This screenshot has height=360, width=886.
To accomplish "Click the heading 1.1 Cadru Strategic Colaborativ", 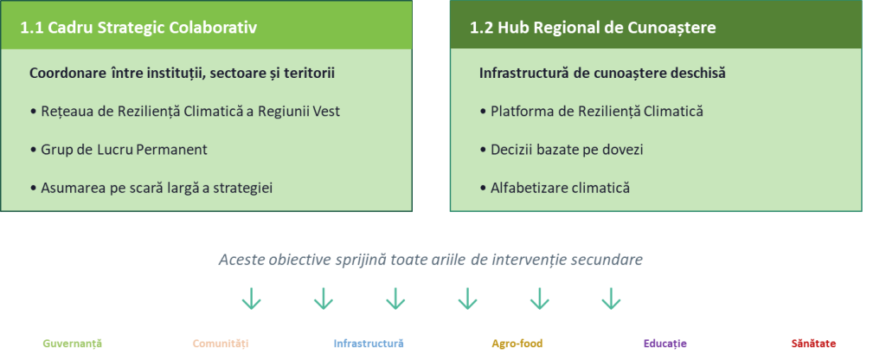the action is pos(138,28).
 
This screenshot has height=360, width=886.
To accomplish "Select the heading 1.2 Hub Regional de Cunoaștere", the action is pos(593,28).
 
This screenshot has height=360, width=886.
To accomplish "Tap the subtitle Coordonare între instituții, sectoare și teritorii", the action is pos(182,74).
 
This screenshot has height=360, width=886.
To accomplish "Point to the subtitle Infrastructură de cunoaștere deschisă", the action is pos(602,74).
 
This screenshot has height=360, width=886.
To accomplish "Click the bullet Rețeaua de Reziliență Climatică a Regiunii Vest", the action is pos(185,112).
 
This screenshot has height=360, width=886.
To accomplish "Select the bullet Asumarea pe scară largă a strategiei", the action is pos(151,188).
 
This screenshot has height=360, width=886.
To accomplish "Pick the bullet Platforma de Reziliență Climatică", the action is pos(592,112).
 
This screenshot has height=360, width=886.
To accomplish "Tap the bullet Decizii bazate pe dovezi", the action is pos(562,150).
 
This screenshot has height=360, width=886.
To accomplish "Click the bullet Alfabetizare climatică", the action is pos(555,188).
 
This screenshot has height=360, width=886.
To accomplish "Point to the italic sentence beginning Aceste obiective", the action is pos(431,260).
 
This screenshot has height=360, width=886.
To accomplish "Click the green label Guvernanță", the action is pos(73,343).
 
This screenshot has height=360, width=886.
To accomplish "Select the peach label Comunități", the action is pos(221,343).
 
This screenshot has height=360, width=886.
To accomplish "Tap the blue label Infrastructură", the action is pos(369,343).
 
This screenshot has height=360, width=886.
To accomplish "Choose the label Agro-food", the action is pos(517,343).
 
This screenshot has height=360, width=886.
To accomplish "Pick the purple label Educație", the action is pos(665,343).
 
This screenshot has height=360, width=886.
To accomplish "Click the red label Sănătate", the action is pos(813,343).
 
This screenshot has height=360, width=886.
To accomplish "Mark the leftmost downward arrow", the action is pos(251,299).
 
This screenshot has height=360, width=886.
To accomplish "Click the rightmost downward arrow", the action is pos(611,299).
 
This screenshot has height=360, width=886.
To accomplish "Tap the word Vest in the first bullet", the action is pos(328,112).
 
